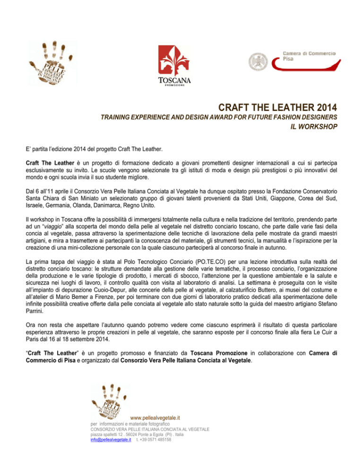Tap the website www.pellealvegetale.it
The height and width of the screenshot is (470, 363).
click(154, 418)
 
